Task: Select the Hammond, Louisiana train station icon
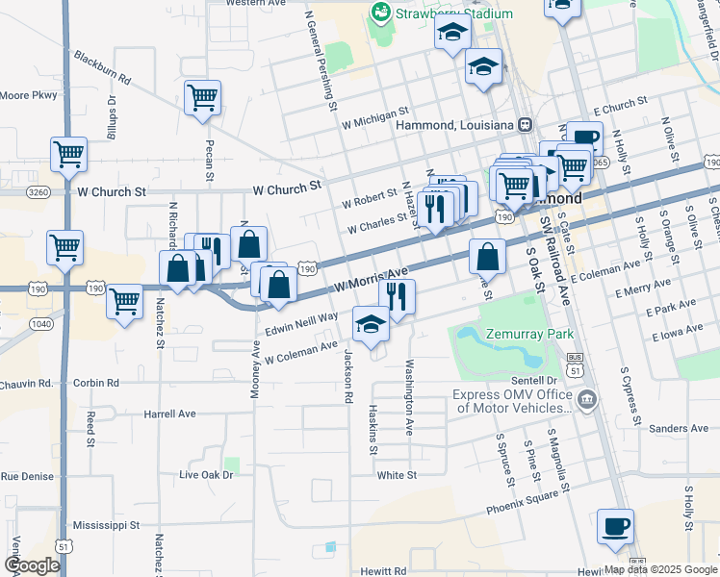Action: coord(526,124)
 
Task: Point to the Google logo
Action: coord(32,565)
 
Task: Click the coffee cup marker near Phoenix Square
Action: coord(615,527)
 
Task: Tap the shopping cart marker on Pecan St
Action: coord(202,97)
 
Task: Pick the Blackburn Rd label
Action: coord(101,67)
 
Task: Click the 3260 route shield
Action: coord(39,192)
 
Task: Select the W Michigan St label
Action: coord(375,124)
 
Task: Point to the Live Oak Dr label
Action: coord(207,475)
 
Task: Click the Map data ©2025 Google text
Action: coord(660,569)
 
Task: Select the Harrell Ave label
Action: coord(169,414)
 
